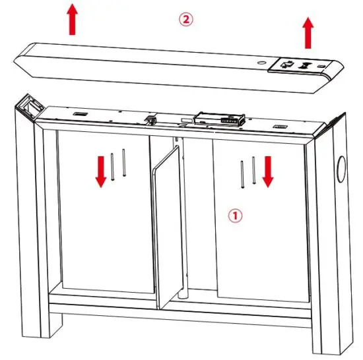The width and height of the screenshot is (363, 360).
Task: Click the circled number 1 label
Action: click(x=236, y=215)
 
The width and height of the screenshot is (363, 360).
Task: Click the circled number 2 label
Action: click(x=187, y=20)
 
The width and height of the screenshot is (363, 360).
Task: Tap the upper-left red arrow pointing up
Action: click(x=73, y=20)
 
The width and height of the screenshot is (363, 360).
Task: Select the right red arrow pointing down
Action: click(x=268, y=171)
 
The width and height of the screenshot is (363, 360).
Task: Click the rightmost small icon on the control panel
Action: click(x=322, y=67)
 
